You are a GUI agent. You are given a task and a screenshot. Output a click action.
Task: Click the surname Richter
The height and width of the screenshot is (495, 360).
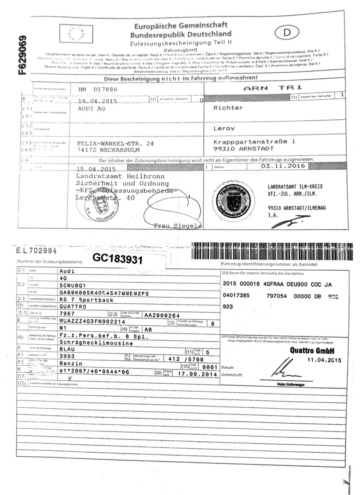point(228,108)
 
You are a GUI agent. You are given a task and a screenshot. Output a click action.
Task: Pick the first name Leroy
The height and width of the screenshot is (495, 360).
point(225,128)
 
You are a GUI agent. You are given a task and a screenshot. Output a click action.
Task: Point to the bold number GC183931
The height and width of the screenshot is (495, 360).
point(118,258)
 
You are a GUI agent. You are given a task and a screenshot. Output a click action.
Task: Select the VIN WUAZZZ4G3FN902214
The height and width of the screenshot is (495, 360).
point(92,321)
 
